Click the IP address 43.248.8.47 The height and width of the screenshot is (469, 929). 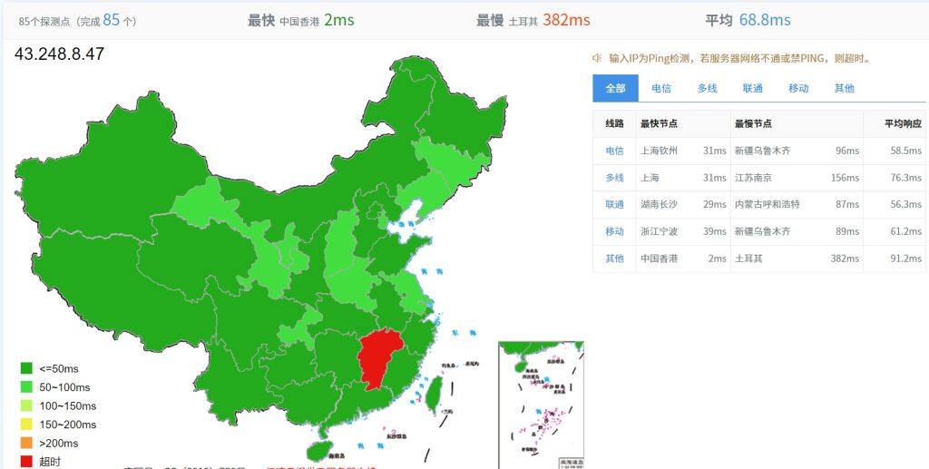(x=60, y=54)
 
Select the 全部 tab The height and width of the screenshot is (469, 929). (x=615, y=88)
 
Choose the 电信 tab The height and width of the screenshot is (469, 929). (x=661, y=88)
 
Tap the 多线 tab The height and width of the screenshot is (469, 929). (x=707, y=88)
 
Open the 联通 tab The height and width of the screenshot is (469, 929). (x=752, y=88)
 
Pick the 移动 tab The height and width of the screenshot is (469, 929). (x=798, y=88)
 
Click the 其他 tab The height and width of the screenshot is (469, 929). (x=844, y=88)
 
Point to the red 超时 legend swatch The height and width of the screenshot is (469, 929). (x=26, y=462)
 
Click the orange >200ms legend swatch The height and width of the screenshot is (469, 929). (x=26, y=444)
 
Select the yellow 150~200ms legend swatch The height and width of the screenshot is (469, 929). (x=26, y=425)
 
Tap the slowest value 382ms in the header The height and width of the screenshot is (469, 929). (x=566, y=20)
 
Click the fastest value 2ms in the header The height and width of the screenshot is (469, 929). (x=338, y=20)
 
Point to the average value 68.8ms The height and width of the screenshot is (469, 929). (x=765, y=20)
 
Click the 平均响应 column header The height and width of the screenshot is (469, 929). (x=903, y=124)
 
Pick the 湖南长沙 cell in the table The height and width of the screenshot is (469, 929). (x=659, y=205)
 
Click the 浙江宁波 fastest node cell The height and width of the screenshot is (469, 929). (x=659, y=231)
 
